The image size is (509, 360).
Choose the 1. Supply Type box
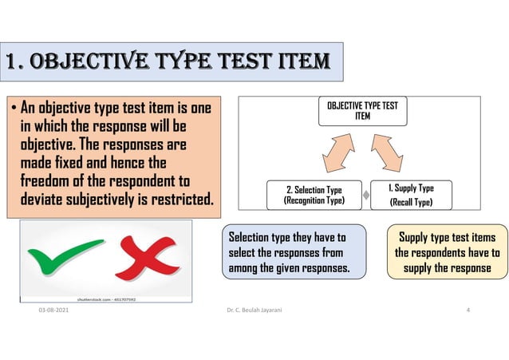[411, 195]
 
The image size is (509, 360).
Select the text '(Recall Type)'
[410, 203]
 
